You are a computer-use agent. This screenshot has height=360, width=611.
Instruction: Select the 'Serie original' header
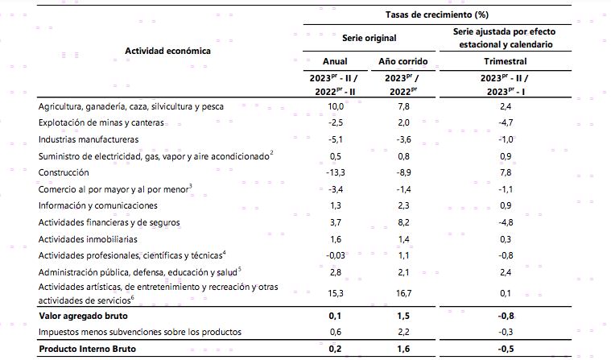(x=371, y=37)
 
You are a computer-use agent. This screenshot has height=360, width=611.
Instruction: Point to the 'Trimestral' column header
(x=506, y=61)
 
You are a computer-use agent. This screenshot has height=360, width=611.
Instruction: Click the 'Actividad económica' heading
(x=167, y=51)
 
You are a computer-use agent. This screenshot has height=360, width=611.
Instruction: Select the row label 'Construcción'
(x=64, y=172)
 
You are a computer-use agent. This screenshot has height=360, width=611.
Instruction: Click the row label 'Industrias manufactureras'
(x=89, y=139)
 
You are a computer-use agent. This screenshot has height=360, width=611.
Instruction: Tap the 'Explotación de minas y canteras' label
(x=101, y=122)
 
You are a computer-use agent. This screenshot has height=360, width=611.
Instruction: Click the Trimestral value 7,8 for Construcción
(x=506, y=172)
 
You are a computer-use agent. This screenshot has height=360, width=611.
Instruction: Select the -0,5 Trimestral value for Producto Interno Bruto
(x=505, y=349)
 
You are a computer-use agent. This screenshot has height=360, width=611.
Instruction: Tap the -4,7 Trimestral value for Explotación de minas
(x=505, y=122)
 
